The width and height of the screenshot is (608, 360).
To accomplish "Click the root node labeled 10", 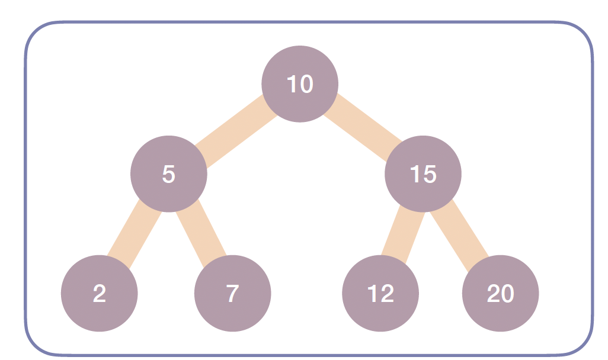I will click(x=300, y=83).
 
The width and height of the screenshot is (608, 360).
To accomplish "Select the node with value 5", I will click(x=169, y=174).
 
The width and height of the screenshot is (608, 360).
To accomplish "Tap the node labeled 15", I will click(x=423, y=174).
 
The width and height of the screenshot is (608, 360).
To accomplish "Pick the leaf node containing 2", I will click(x=99, y=293).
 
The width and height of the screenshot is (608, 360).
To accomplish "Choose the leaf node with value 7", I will click(x=232, y=293).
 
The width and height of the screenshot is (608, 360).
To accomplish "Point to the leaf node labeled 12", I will click(x=380, y=293).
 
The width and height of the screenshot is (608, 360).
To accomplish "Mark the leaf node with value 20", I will click(x=500, y=293).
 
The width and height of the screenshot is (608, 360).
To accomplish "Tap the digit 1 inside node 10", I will click(x=292, y=84).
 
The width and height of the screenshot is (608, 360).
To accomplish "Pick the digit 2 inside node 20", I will click(x=493, y=294).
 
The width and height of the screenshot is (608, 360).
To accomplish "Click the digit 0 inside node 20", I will click(x=507, y=294).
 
